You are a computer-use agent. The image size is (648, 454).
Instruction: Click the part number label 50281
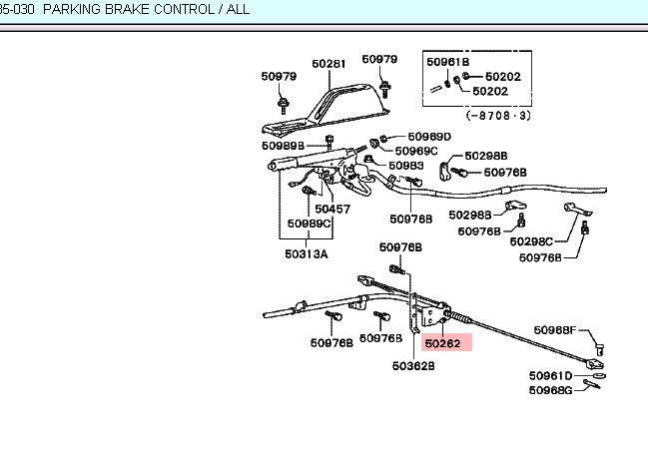coord(328,63)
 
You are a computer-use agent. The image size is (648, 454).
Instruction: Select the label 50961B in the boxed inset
coord(447,62)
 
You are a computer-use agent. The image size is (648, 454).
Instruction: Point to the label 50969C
coord(415,151)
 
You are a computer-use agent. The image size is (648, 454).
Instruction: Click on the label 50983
coord(406,166)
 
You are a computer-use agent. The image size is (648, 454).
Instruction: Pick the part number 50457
coord(332,210)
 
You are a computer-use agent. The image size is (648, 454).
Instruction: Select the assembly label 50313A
coord(306,253)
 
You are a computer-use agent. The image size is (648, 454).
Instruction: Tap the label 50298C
coord(531,241)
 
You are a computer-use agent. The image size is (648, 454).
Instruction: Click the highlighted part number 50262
coord(441,344)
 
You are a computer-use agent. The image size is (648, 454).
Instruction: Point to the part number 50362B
coord(413,366)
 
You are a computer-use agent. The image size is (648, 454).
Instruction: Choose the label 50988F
coord(555,329)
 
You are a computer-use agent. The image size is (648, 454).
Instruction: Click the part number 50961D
coord(551,376)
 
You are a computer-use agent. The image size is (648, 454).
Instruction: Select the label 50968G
coord(551,389)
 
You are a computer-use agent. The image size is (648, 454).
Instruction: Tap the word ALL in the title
coord(237,10)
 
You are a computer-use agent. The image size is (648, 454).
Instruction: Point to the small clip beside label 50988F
coord(600,346)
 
